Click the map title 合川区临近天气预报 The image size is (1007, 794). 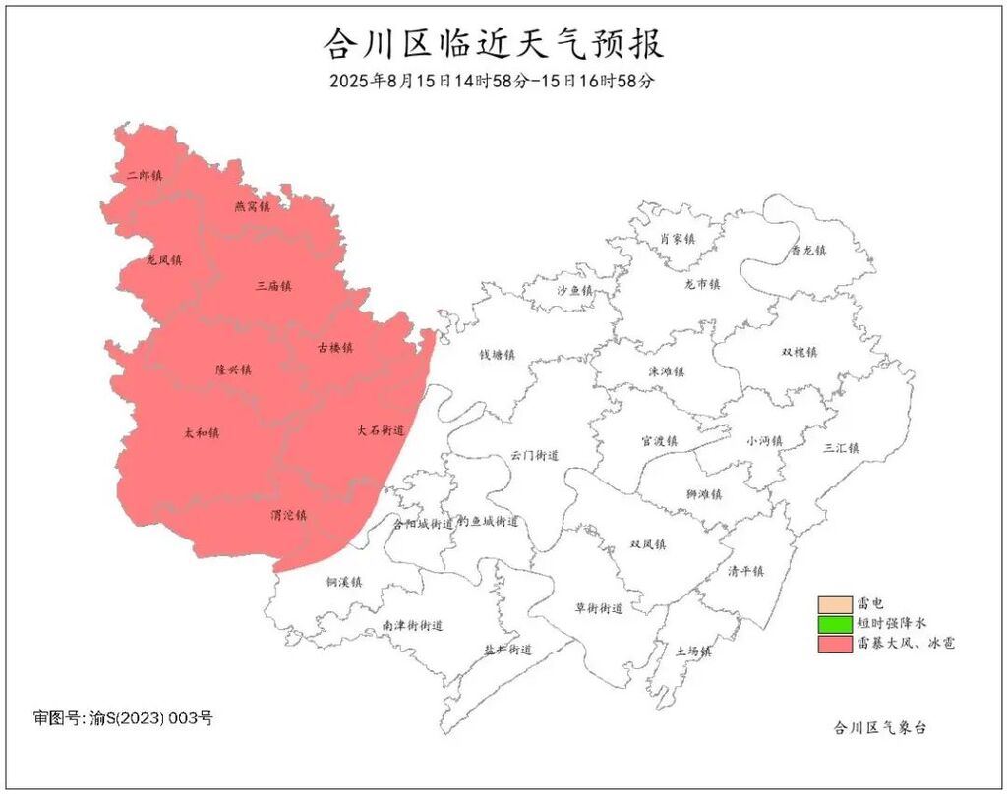pyautogui.click(x=494, y=44)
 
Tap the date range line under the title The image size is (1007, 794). pyautogui.click(x=492, y=81)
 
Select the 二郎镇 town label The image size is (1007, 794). pyautogui.click(x=145, y=175)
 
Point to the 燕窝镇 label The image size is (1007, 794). pyautogui.click(x=252, y=206)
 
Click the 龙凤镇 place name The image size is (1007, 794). pyautogui.click(x=164, y=260)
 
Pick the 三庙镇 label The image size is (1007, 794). pyautogui.click(x=273, y=286)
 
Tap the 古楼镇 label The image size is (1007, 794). pyautogui.click(x=334, y=347)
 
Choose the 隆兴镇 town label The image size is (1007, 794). pyautogui.click(x=233, y=369)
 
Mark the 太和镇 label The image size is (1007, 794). pyautogui.click(x=202, y=432)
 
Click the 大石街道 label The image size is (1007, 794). pyautogui.click(x=381, y=430)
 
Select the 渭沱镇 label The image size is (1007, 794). pyautogui.click(x=289, y=515)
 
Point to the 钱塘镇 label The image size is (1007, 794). pyautogui.click(x=498, y=354)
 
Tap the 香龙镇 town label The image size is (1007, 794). pyautogui.click(x=808, y=250)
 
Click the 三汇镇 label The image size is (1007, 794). pyautogui.click(x=842, y=448)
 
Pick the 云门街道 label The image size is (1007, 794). pyautogui.click(x=535, y=456)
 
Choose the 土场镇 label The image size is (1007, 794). pyautogui.click(x=692, y=651)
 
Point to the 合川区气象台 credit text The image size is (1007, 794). pyautogui.click(x=879, y=728)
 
